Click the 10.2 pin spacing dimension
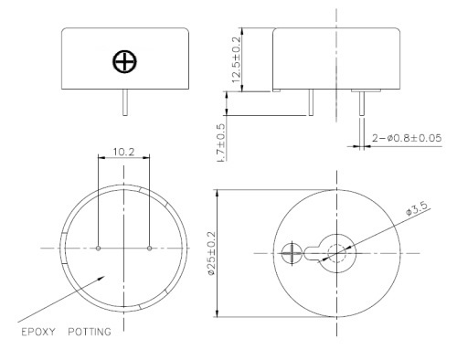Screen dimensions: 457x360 [x=123, y=152]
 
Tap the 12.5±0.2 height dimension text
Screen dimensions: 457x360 [x=236, y=59]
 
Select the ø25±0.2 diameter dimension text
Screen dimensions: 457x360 [x=211, y=253]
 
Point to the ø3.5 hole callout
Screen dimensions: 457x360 [x=417, y=207]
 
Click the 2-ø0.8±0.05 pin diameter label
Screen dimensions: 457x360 [x=407, y=138]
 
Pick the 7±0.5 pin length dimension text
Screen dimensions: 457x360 [x=221, y=143]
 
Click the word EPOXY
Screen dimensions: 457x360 [x=38, y=332]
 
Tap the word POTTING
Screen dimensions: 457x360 [x=90, y=332]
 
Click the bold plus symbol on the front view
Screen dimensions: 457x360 [x=124, y=61]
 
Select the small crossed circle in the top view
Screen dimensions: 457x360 [x=292, y=253]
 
